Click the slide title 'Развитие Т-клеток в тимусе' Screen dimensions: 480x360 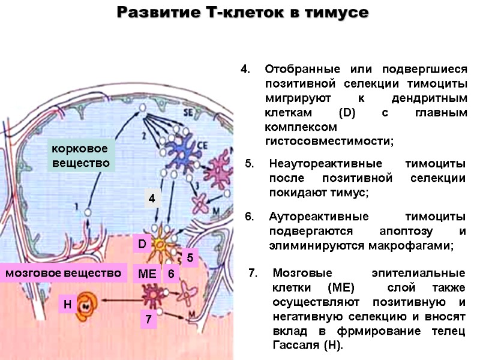(242, 13)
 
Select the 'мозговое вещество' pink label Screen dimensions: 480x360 (63, 273)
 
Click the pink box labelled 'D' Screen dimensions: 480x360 (142, 244)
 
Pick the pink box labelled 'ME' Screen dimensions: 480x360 (146, 274)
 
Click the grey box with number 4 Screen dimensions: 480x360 (152, 198)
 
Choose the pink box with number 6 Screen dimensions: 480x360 (171, 274)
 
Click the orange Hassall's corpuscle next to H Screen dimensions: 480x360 (88, 305)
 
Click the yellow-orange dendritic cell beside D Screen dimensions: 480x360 (163, 245)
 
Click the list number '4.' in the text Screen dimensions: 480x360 (244, 68)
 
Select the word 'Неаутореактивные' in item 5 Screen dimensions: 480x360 (308, 164)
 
